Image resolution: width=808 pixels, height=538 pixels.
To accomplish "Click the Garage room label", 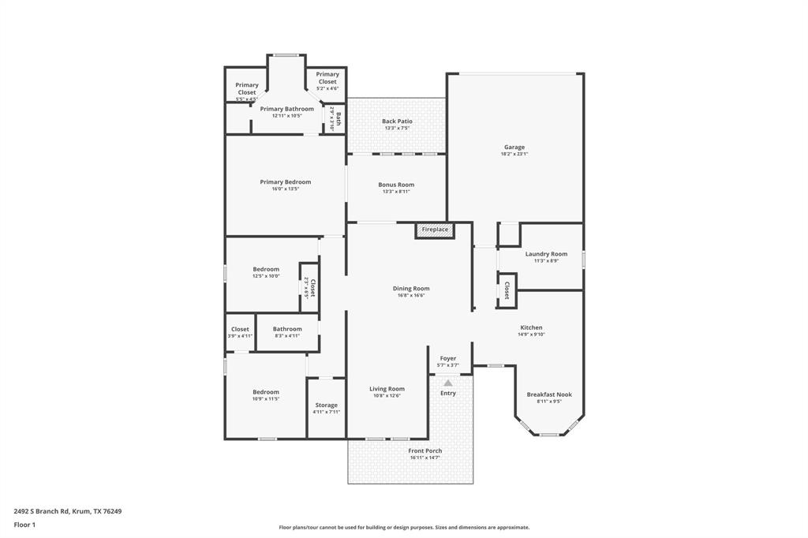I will pos(514,148).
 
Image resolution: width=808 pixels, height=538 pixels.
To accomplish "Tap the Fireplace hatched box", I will pos(435,230).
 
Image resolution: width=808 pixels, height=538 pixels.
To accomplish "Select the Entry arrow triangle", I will pos(448,383).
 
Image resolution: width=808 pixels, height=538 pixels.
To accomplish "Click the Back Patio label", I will pos(397,121).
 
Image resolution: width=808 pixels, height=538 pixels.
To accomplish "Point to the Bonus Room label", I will pos(396,185).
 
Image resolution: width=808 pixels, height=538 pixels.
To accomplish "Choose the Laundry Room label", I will pos(550,254).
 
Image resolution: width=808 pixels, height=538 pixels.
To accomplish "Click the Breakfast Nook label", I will pos(549,394).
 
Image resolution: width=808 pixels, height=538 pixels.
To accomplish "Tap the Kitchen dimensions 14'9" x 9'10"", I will pos(531,334).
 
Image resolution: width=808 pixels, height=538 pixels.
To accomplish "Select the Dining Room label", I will pos(411,289).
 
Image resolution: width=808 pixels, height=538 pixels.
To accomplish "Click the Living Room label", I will pos(387,388).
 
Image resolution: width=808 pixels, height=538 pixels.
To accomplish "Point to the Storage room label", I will pos(326,405).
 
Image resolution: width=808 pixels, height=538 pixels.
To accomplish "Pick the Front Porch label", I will pos(425,450).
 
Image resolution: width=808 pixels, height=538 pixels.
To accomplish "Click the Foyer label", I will pos(448,358).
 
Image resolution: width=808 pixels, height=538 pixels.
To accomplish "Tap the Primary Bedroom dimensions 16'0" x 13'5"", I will pos(286,189).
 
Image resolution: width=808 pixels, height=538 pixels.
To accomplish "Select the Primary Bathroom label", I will pos(286,109).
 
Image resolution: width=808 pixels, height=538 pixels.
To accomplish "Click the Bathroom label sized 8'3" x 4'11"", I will pos(287,329).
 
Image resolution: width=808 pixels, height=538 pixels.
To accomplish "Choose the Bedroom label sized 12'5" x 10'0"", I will pos(266,269).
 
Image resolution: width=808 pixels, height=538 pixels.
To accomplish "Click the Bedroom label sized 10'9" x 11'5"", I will pos(266,392).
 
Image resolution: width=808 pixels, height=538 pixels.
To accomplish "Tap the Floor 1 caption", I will pos(24,525).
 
